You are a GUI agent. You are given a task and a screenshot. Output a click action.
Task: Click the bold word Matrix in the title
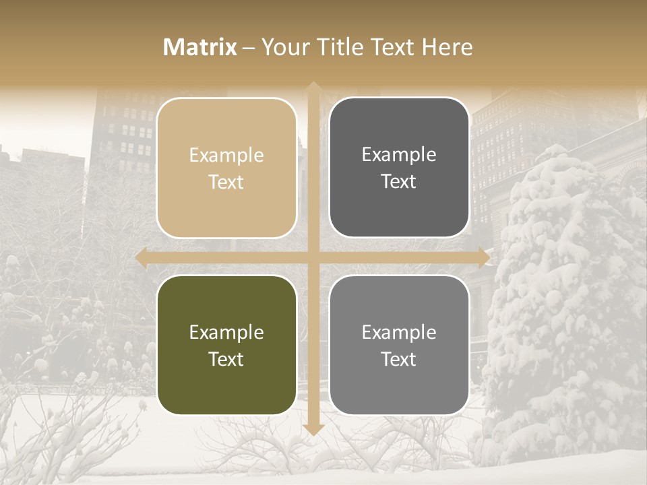pyautogui.click(x=200, y=47)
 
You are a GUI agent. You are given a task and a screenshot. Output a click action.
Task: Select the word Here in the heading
pyautogui.click(x=447, y=47)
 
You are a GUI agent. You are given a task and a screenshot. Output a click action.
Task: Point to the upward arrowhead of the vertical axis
pyautogui.click(x=313, y=88)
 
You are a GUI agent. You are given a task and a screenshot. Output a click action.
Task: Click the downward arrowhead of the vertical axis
pyautogui.click(x=313, y=429)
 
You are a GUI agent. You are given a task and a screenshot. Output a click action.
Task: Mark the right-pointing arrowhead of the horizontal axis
pyautogui.click(x=484, y=258)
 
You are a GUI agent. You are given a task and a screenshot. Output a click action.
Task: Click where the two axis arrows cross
pyautogui.click(x=313, y=258)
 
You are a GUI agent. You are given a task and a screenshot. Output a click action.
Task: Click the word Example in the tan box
pyautogui.click(x=226, y=156)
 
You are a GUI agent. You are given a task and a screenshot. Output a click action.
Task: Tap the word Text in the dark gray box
pyautogui.click(x=399, y=182)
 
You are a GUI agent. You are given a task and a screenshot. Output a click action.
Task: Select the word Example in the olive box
pyautogui.click(x=226, y=333)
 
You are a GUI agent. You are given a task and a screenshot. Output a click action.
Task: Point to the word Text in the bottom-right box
pyautogui.click(x=399, y=360)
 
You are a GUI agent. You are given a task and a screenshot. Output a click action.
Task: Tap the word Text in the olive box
pyautogui.click(x=226, y=360)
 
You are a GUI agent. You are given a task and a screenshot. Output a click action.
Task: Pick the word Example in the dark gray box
pyautogui.click(x=399, y=155)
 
